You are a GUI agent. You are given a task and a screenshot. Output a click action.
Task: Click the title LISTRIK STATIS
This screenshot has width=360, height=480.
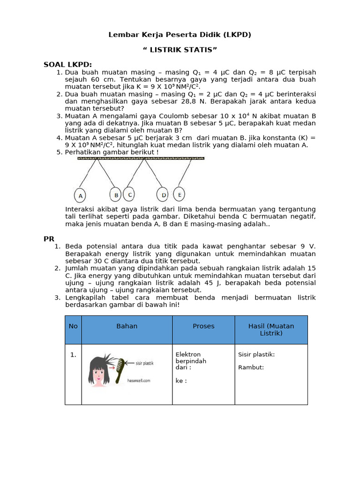pos(180,50)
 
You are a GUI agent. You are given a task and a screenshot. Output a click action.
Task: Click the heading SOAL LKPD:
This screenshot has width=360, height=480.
pos(68,64)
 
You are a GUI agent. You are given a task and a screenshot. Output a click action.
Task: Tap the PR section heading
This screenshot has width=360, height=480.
pos(49,239)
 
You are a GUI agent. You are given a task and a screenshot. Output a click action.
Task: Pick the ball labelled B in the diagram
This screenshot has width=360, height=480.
pos(115,195)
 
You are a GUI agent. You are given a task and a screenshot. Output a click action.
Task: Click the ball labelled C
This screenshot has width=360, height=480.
pos(130,194)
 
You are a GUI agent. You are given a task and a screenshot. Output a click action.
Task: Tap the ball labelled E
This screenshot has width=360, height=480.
pos(180,194)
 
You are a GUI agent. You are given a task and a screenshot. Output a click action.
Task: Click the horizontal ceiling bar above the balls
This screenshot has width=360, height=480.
pos(141,158)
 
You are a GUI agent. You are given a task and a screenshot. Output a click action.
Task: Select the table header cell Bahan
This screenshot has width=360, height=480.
pos(127,326)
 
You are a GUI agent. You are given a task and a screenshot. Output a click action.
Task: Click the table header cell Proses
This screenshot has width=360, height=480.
pos(203,326)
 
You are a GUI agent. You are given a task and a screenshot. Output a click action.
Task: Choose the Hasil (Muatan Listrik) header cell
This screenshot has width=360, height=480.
pos(271,330)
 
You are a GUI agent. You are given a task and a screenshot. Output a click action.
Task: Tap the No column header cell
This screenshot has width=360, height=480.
pos(73,326)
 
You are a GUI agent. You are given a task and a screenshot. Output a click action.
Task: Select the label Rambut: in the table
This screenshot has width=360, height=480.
pos(251,367)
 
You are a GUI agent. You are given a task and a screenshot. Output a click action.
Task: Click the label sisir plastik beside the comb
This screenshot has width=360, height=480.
pos(144,363)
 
